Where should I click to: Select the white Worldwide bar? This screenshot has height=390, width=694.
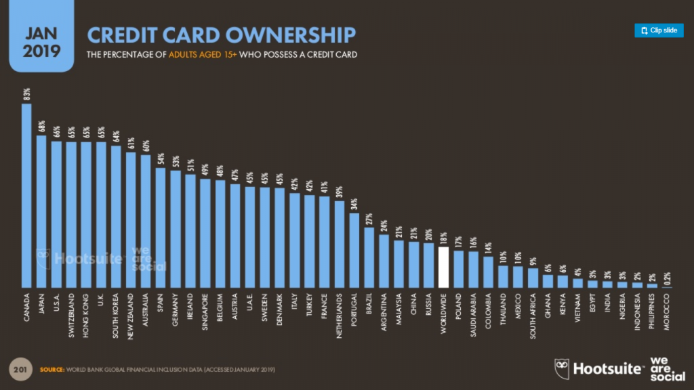pyautogui.click(x=444, y=267)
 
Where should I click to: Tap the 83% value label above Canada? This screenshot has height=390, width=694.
pyautogui.click(x=26, y=93)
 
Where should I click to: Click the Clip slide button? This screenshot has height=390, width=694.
pyautogui.click(x=659, y=30)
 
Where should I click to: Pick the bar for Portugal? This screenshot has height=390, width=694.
pyautogui.click(x=354, y=251)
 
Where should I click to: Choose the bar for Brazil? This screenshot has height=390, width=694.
pyautogui.click(x=369, y=257)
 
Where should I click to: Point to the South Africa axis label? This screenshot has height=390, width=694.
pyautogui.click(x=533, y=315)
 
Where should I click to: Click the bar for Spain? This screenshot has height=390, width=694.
pyautogui.click(x=161, y=227)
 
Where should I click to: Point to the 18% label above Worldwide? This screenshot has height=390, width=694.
pyautogui.click(x=444, y=238)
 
